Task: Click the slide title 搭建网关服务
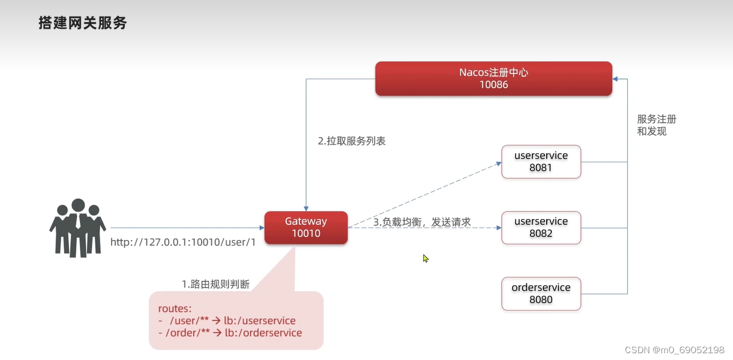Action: pyautogui.click(x=83, y=23)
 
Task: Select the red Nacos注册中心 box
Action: pyautogui.click(x=494, y=79)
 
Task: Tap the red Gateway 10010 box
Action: pyautogui.click(x=306, y=228)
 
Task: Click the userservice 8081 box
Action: pyautogui.click(x=541, y=162)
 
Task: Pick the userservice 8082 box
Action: pyautogui.click(x=541, y=228)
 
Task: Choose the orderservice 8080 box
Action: pyautogui.click(x=541, y=293)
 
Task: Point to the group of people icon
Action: pyautogui.click(x=78, y=228)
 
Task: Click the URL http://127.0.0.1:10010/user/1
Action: pyautogui.click(x=183, y=242)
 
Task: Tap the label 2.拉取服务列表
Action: pyautogui.click(x=352, y=141)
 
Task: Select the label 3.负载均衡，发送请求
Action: pyautogui.click(x=422, y=222)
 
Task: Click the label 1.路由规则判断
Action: pyautogui.click(x=216, y=284)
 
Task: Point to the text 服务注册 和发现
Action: pyautogui.click(x=657, y=125)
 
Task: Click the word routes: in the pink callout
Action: pyautogui.click(x=175, y=308)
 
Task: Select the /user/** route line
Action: pyautogui.click(x=232, y=321)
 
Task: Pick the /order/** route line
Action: pyautogui.click(x=232, y=333)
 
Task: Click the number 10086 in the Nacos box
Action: pyautogui.click(x=494, y=85)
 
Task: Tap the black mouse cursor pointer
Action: pyautogui.click(x=425, y=258)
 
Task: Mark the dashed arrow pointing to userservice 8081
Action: pyautogui.click(x=425, y=195)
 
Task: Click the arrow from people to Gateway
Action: pyautogui.click(x=187, y=228)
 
